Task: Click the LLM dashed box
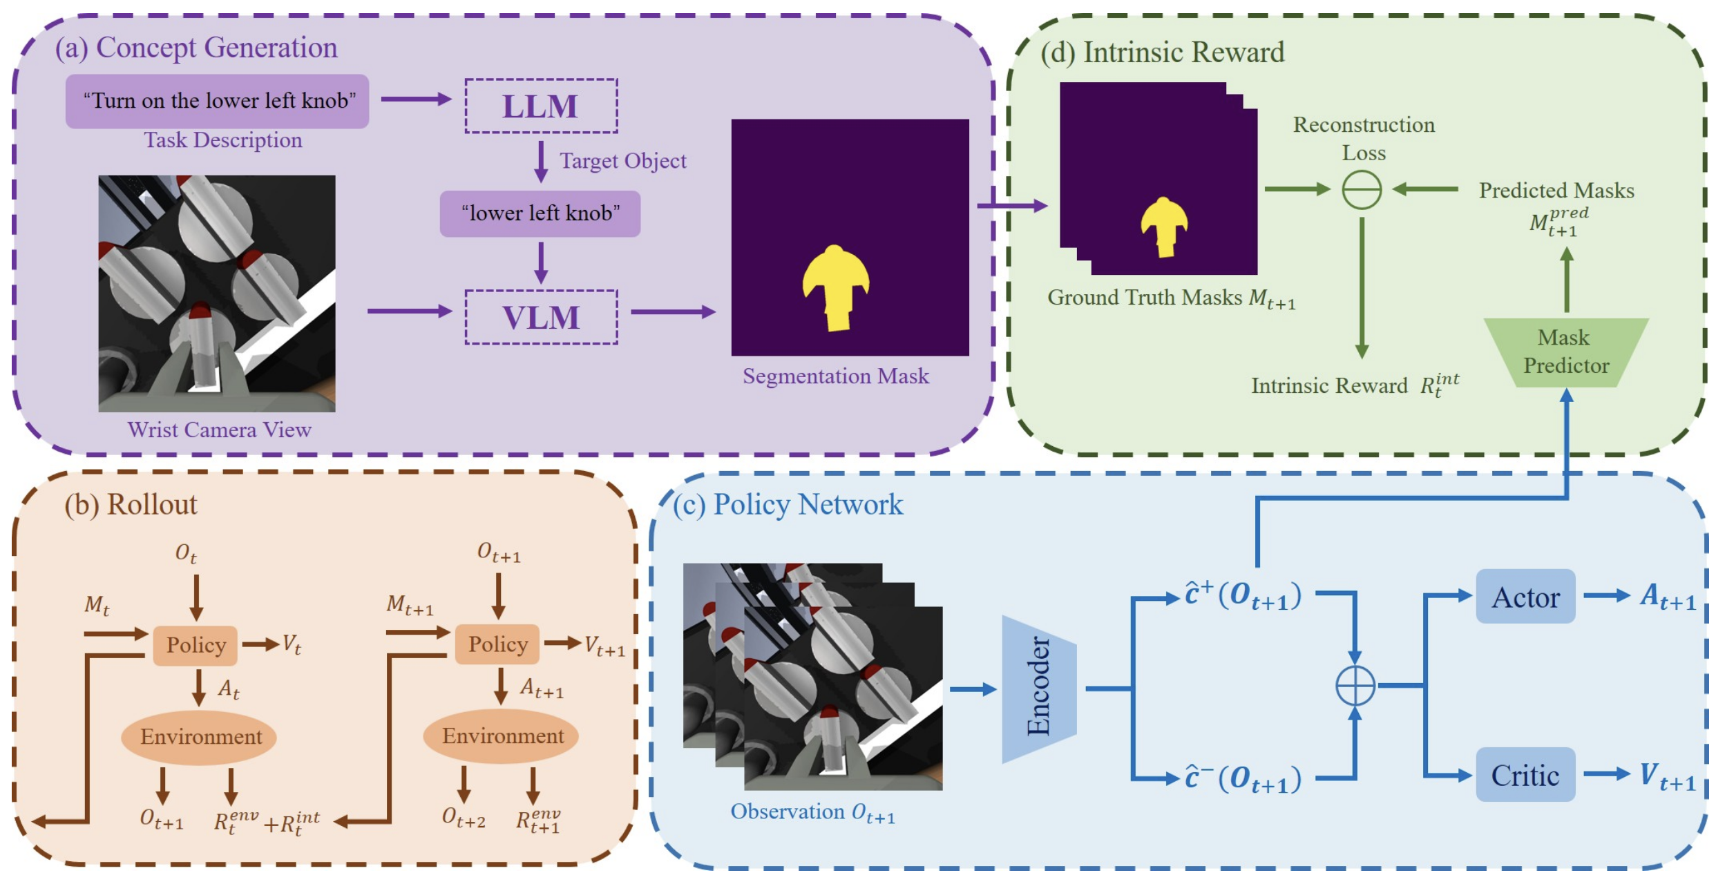click(x=541, y=106)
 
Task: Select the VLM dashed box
click(x=541, y=317)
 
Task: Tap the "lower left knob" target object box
click(x=540, y=213)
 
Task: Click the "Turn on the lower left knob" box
click(x=218, y=101)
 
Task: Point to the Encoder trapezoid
click(x=1039, y=689)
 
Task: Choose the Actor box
click(x=1525, y=597)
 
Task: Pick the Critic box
click(x=1525, y=775)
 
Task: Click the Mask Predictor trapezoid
click(x=1566, y=352)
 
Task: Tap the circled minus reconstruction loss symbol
click(x=1362, y=190)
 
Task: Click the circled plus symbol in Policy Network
click(x=1355, y=686)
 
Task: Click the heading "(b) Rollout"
click(x=131, y=505)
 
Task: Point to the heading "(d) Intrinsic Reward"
click(x=1163, y=52)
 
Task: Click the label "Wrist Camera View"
click(x=220, y=430)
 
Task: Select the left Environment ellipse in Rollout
click(x=199, y=737)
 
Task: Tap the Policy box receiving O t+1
click(x=497, y=644)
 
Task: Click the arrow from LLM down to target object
click(x=541, y=162)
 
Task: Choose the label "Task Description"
click(x=223, y=140)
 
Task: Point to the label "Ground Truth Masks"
click(x=1147, y=298)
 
